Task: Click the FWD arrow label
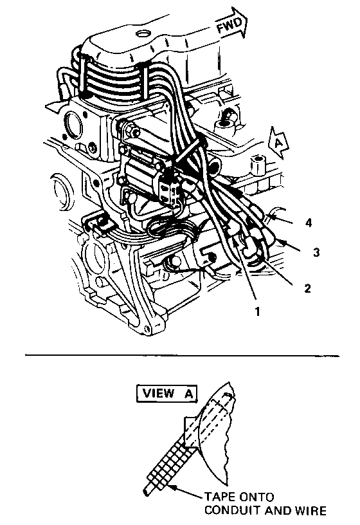tap(230, 25)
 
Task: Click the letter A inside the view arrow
tap(278, 143)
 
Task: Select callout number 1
tap(257, 311)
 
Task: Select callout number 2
tap(307, 288)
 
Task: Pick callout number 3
tap(316, 252)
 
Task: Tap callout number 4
tap(309, 223)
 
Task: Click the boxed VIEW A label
tap(167, 393)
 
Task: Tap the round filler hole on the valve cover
tap(143, 34)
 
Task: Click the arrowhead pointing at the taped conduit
tap(173, 487)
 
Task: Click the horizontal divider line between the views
tap(182, 355)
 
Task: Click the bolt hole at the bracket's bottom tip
tap(146, 330)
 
